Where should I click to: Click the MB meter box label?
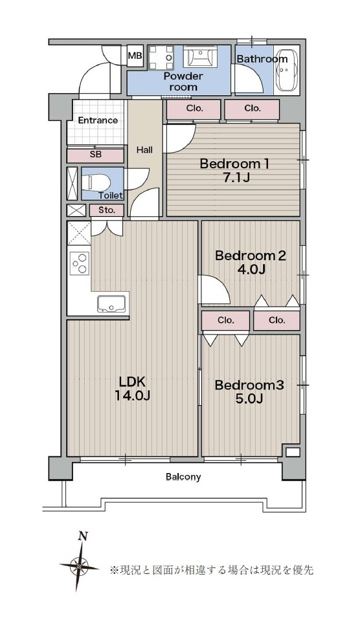pyautogui.click(x=135, y=56)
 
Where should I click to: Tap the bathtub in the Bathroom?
pyautogui.click(x=287, y=70)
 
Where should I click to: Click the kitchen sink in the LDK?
pyautogui.click(x=113, y=303)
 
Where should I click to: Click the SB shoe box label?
pyautogui.click(x=95, y=155)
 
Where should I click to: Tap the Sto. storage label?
pyautogui.click(x=106, y=210)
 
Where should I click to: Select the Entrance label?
pyautogui.click(x=98, y=120)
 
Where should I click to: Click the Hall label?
pyautogui.click(x=144, y=149)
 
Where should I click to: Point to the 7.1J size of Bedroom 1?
pyautogui.click(x=234, y=178)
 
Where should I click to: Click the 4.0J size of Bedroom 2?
pyautogui.click(x=250, y=270)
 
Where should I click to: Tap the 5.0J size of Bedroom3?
pyautogui.click(x=249, y=399)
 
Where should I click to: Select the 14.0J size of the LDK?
pyautogui.click(x=132, y=395)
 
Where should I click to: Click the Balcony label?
pyautogui.click(x=183, y=477)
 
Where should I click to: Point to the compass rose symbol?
pyautogui.click(x=80, y=567)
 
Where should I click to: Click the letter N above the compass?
pyautogui.click(x=82, y=536)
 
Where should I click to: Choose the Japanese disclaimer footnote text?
pyautogui.click(x=212, y=569)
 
